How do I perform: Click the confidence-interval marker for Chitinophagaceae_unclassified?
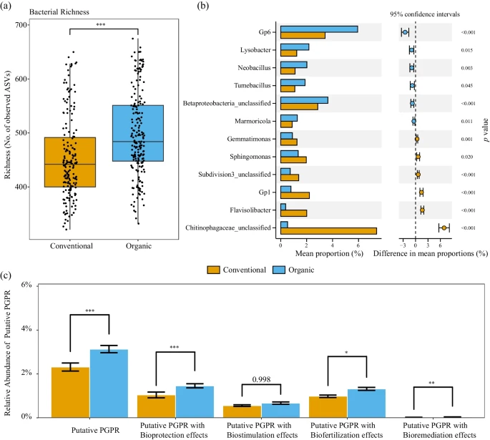(x=444, y=228)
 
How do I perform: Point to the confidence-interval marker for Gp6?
(x=405, y=32)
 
